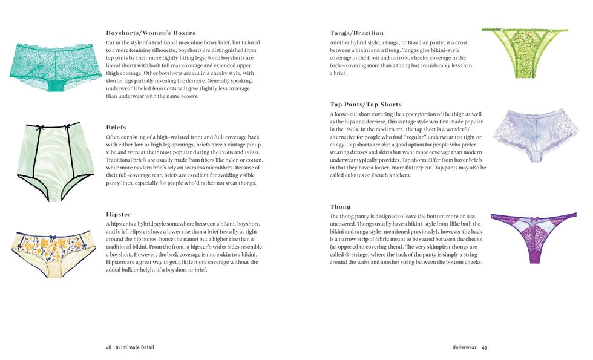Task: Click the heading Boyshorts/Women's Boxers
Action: click(150, 33)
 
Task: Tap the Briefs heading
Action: click(116, 128)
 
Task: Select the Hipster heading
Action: click(118, 214)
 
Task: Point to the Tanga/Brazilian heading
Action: click(356, 33)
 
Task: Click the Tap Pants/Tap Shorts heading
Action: click(365, 105)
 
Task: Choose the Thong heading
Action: click(340, 206)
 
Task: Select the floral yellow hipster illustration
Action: click(53, 252)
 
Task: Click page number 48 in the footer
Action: click(108, 347)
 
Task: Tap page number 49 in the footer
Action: click(484, 347)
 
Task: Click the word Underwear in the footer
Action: click(464, 347)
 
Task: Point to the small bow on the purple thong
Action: click(533, 218)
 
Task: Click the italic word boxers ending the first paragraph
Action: click(189, 96)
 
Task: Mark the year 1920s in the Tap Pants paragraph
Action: click(351, 129)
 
